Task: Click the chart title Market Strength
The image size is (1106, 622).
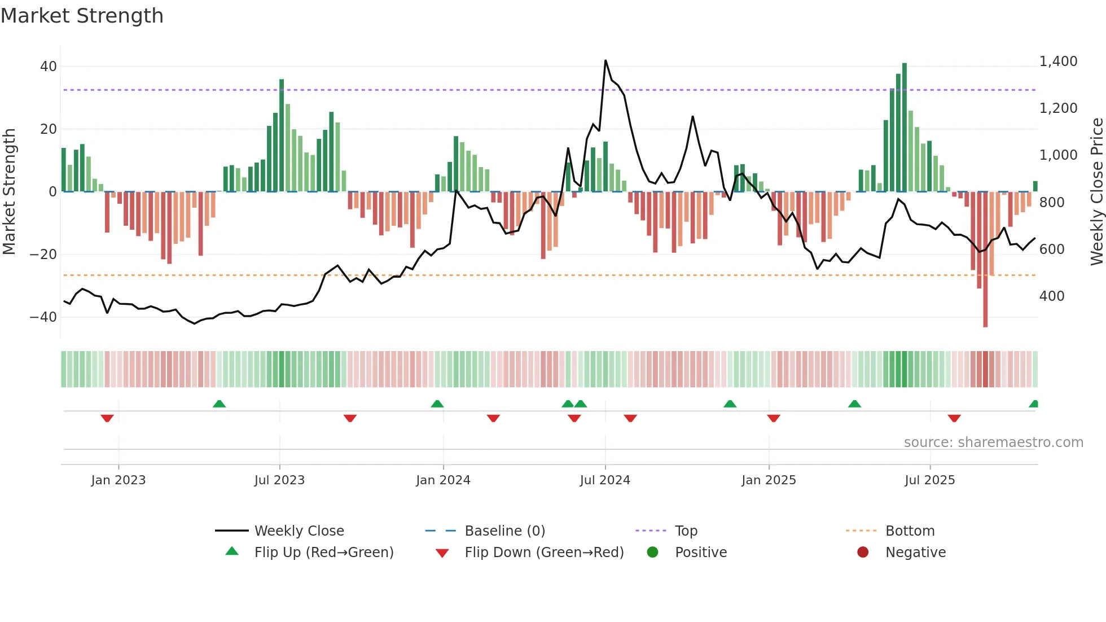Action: coord(82,16)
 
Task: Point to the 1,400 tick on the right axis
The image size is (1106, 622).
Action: coord(1058,62)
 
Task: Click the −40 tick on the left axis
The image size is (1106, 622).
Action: coord(43,317)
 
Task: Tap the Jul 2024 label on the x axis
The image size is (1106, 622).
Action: coord(605,480)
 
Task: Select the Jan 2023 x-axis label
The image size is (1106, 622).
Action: coord(118,480)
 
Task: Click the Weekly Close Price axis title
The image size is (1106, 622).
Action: coord(1096,192)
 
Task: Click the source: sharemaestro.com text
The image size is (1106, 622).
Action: coord(993,443)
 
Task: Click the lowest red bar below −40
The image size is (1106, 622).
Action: coord(985,260)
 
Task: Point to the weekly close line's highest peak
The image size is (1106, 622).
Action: coord(605,60)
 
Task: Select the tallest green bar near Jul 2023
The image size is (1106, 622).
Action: coord(282,135)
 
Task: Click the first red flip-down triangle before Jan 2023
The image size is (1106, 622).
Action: coord(107,418)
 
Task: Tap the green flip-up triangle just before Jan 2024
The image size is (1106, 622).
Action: coord(437,404)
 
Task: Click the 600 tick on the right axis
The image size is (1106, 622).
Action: coord(1052,249)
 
